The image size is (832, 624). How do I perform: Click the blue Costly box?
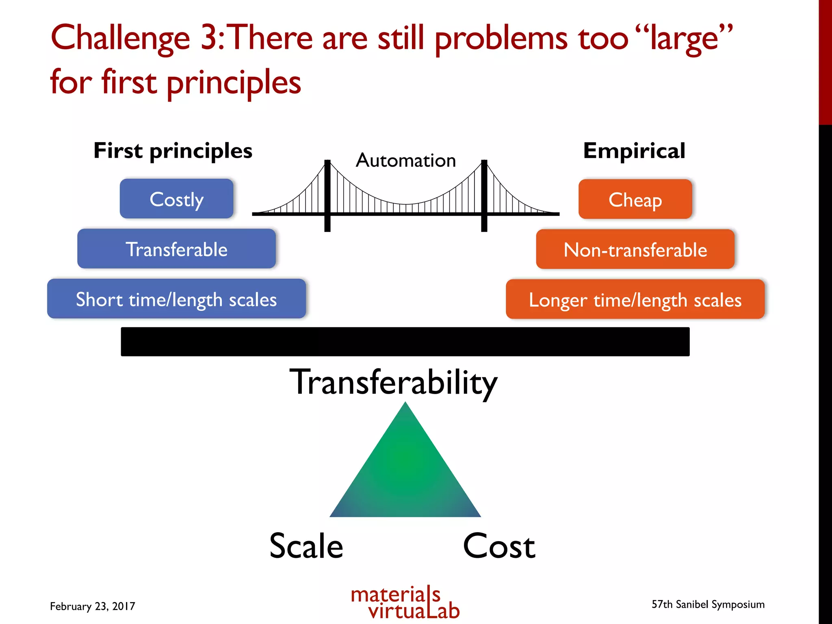pos(176,199)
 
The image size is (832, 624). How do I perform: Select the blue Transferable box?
pos(176,249)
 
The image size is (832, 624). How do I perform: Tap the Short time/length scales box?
pos(176,299)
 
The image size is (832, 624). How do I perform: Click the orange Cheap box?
pos(635,199)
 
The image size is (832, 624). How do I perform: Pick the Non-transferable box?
pos(635,249)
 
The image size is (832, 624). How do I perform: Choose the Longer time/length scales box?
pos(635,299)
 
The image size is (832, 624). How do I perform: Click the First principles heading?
pos(173,151)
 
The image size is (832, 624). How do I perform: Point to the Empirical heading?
pos(634,151)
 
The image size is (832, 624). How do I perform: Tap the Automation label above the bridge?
pos(406,160)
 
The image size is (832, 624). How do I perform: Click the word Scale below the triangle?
pos(306,546)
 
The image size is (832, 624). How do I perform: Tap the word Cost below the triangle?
pos(499,546)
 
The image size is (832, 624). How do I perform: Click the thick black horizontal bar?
pos(405,342)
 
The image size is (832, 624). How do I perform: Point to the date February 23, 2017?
pos(92,606)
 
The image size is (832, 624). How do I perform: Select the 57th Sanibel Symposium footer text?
pos(708,604)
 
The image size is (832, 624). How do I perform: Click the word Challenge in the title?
pos(120,38)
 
